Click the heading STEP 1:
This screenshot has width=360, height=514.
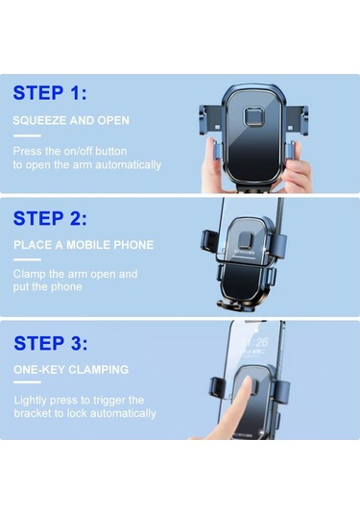click(x=50, y=93)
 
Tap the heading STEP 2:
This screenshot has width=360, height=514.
click(x=50, y=218)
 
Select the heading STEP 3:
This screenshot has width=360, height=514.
click(x=51, y=343)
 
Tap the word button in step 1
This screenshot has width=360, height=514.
click(x=111, y=151)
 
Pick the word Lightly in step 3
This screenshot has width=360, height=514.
click(x=30, y=401)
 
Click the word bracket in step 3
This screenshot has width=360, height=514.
click(x=33, y=413)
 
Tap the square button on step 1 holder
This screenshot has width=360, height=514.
click(x=253, y=116)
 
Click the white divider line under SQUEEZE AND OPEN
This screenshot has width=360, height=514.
click(x=27, y=135)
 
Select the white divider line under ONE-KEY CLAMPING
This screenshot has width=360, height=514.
click(x=27, y=382)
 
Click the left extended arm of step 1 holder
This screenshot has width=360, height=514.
click(x=210, y=120)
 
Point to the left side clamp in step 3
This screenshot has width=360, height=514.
click(x=217, y=388)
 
